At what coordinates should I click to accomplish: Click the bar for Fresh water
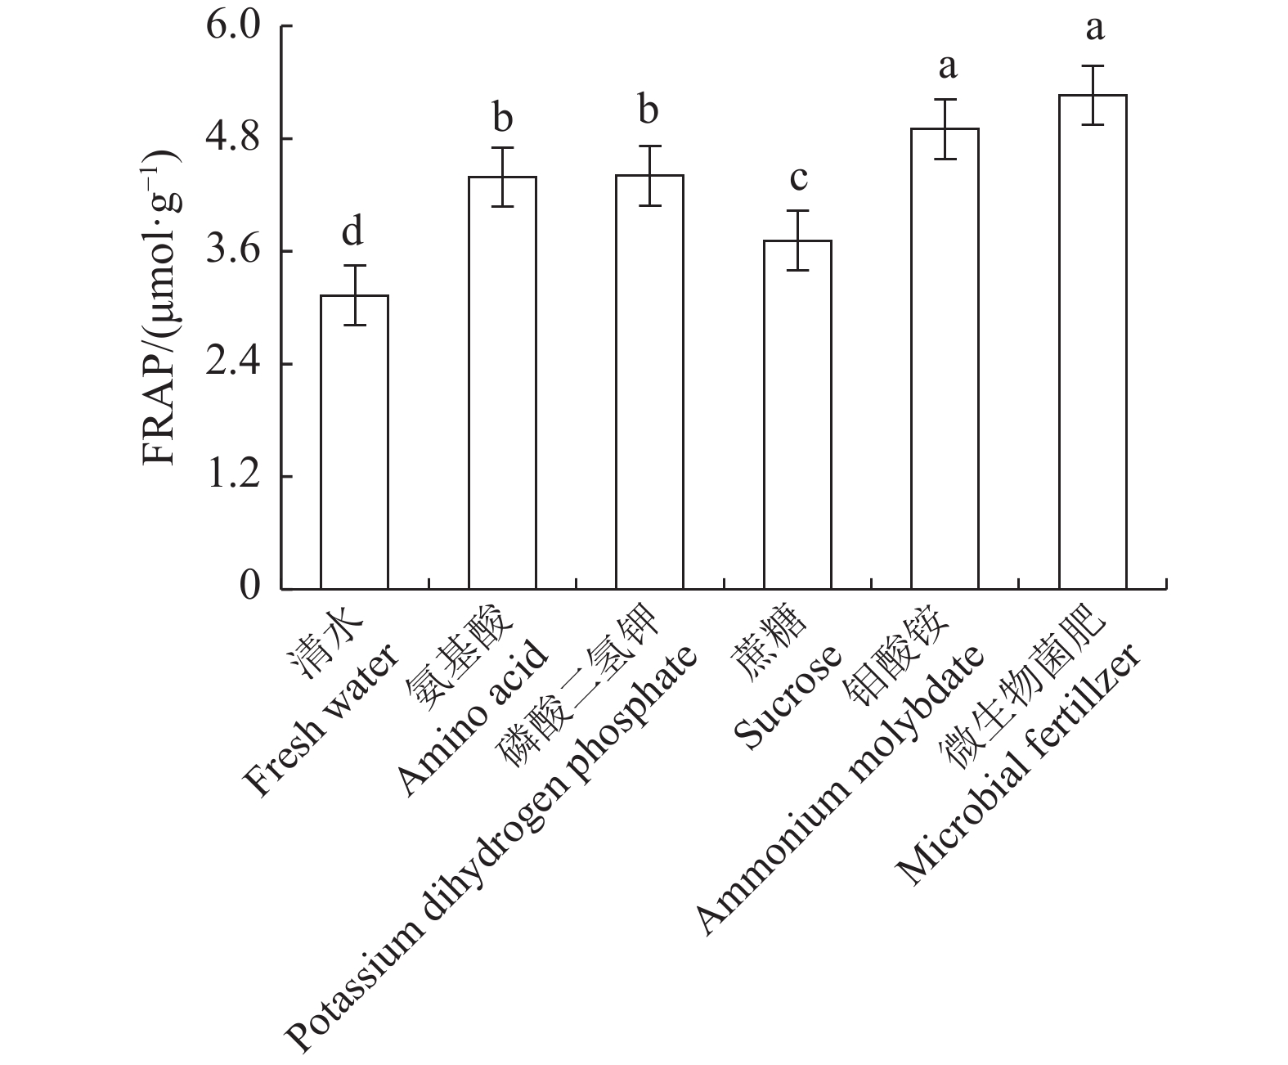tap(354, 442)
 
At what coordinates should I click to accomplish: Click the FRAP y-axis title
tap(161, 307)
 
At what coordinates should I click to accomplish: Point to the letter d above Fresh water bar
tap(352, 232)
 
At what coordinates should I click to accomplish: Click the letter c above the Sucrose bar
tap(797, 177)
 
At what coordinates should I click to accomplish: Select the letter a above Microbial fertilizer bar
tap(1093, 29)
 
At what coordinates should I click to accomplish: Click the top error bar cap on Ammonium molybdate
tap(945, 99)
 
